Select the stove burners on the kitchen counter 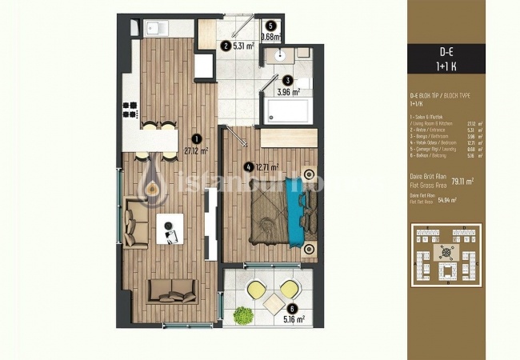coord(132,104)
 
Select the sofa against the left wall coord(134,224)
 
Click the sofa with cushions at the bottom coord(171,290)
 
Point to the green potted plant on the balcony coord(242,316)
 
